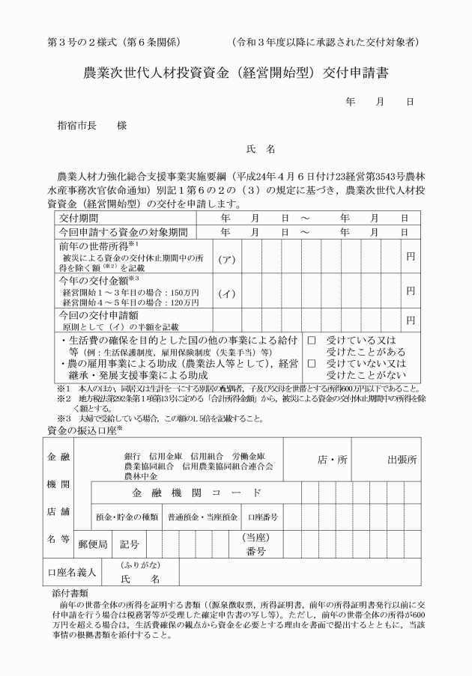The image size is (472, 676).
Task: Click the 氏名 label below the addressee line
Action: pos(267,150)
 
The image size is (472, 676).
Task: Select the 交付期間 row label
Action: pos(78,218)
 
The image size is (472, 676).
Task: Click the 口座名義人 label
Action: pos(72,572)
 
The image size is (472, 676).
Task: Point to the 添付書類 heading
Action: pos(67,592)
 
